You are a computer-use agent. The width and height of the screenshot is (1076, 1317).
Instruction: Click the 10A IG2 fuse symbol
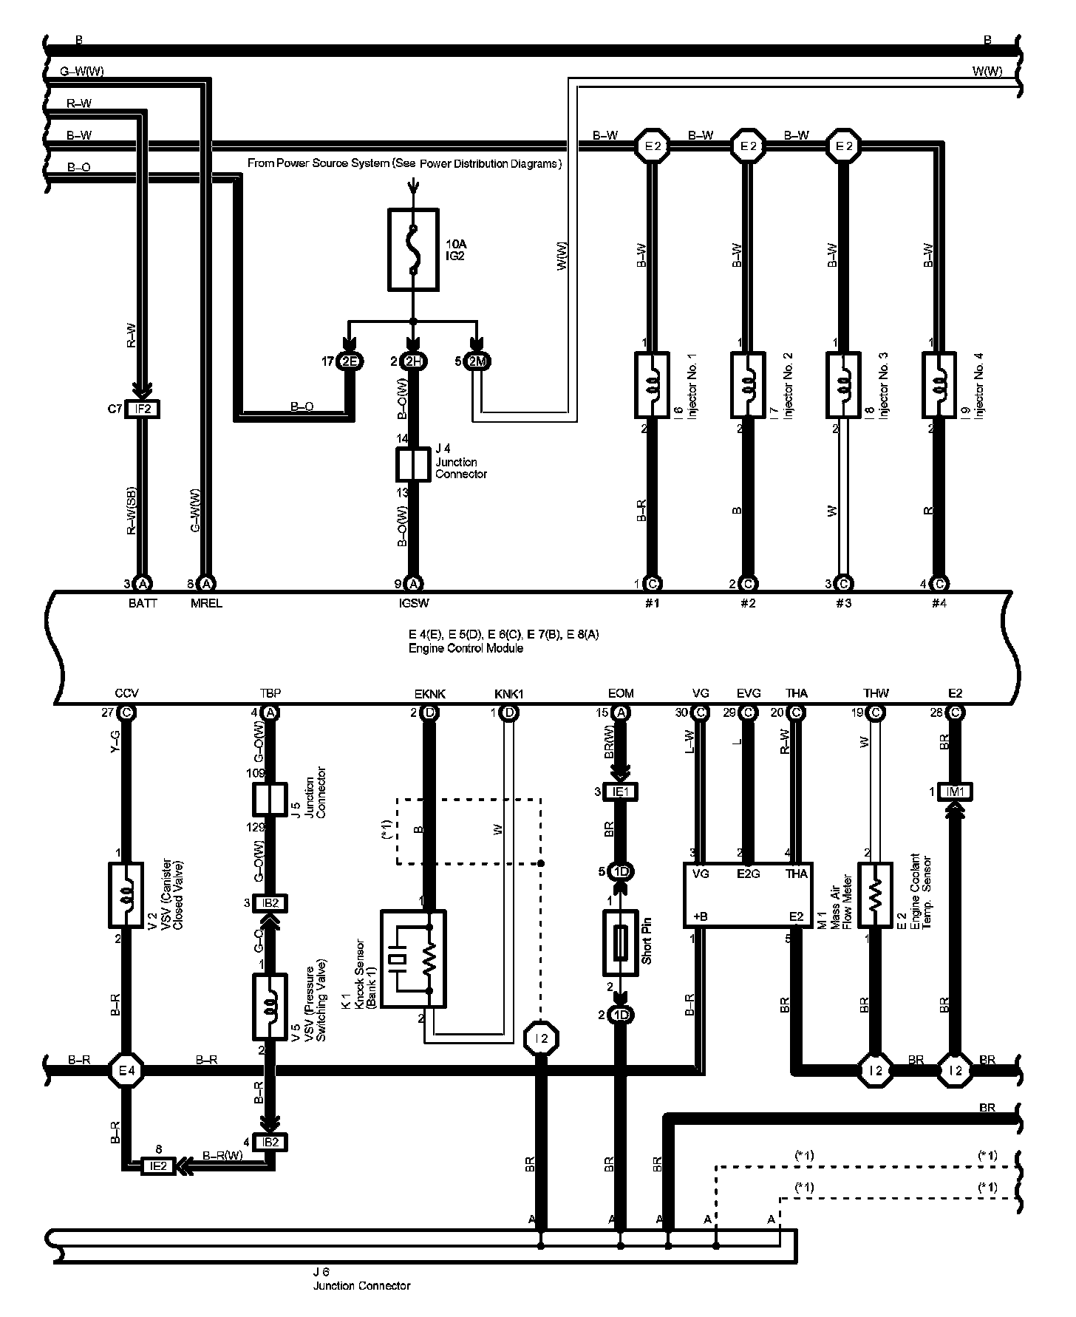(413, 249)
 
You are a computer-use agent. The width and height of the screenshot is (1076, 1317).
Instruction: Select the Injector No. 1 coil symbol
(652, 384)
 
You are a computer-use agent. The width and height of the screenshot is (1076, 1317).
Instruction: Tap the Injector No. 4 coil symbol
(939, 384)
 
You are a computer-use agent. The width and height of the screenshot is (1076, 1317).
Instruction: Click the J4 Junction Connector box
(413, 464)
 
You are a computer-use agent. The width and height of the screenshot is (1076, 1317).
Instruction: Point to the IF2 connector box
(143, 409)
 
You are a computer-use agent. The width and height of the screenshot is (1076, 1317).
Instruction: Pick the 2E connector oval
(348, 361)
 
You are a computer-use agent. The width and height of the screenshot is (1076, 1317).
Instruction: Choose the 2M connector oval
(478, 361)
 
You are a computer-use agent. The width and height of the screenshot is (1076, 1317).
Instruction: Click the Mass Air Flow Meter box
(748, 894)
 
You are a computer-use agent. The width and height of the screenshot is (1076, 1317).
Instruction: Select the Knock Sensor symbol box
(413, 959)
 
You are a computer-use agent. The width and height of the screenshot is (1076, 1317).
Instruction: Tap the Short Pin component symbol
(621, 942)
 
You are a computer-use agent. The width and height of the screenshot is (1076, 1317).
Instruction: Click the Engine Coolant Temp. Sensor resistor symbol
(875, 894)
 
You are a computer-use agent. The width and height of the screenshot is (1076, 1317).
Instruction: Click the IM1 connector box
(955, 792)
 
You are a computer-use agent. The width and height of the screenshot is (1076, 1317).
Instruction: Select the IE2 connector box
(158, 1166)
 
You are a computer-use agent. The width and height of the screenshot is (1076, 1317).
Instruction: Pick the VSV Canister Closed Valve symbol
(126, 894)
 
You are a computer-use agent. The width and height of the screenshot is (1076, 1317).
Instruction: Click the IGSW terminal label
(413, 603)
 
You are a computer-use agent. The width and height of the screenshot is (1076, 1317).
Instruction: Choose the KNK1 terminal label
(508, 694)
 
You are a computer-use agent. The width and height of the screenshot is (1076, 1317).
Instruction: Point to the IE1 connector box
(621, 792)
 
